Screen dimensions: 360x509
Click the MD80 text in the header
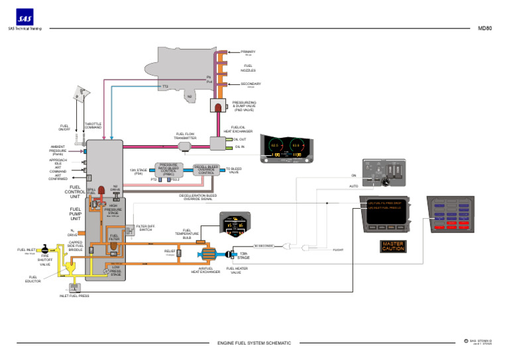[x=484, y=29]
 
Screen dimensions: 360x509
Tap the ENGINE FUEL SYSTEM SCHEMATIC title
[x=254, y=343]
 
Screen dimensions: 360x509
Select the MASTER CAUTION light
[x=392, y=246]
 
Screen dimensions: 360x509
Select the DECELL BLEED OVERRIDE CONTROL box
[x=207, y=169]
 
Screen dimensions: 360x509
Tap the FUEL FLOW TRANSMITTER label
[x=185, y=136]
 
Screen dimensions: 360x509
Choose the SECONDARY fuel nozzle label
[x=251, y=84]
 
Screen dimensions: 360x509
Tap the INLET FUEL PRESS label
[x=74, y=296]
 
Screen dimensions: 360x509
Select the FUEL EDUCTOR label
[x=33, y=279]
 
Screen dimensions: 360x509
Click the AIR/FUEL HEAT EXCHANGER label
[x=205, y=269]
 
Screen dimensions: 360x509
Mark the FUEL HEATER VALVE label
[x=239, y=269]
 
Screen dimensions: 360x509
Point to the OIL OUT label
[x=240, y=139]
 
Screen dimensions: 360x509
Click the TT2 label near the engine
[x=165, y=86]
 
